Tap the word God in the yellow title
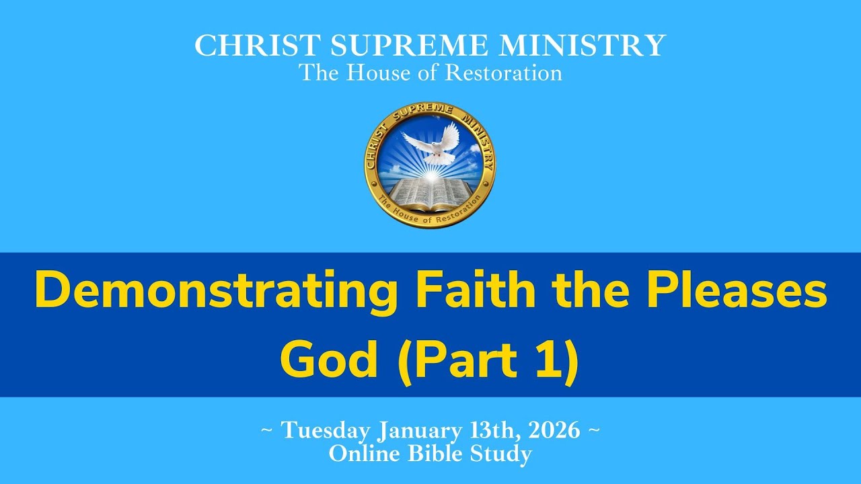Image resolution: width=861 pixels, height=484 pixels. [328, 360]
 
